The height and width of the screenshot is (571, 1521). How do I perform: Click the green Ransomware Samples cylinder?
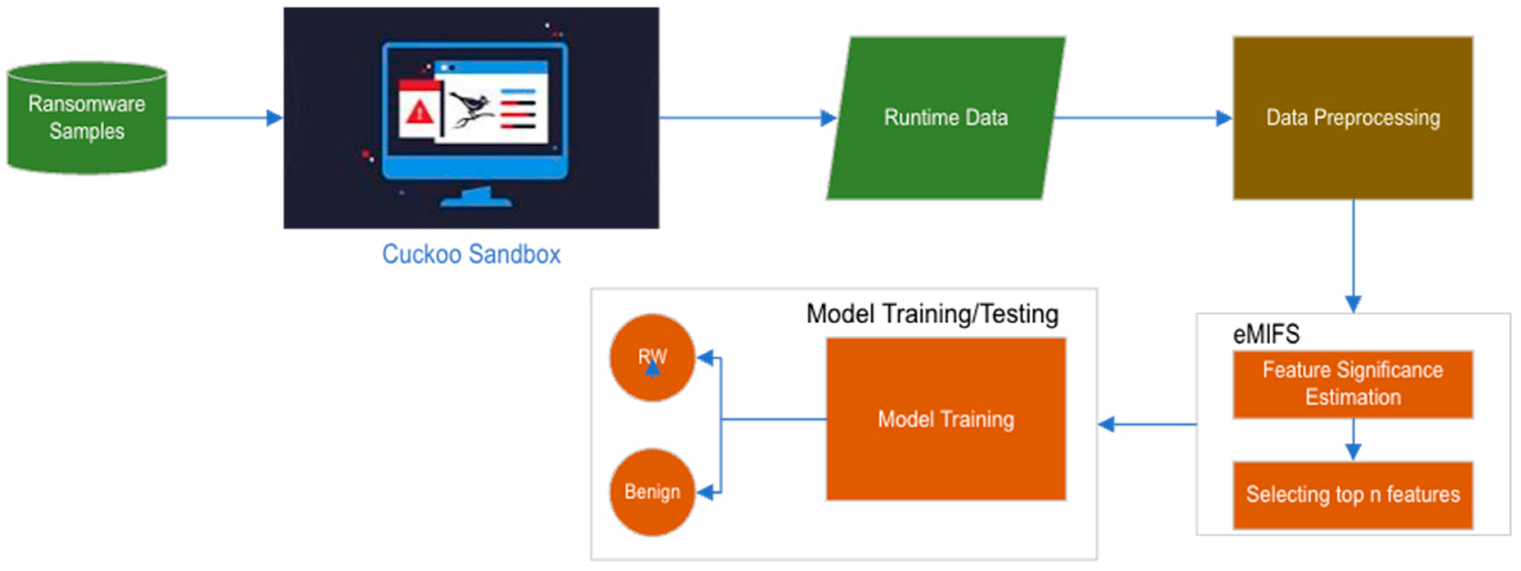pyautogui.click(x=87, y=118)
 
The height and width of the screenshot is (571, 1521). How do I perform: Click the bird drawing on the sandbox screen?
pyautogui.click(x=471, y=109)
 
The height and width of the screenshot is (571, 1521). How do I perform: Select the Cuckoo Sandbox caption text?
pyautogui.click(x=471, y=255)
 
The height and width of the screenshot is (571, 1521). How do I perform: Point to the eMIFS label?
pyautogui.click(x=1266, y=334)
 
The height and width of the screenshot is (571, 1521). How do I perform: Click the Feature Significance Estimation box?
pyautogui.click(x=1352, y=384)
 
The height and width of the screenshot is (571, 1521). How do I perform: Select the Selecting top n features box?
pyautogui.click(x=1352, y=495)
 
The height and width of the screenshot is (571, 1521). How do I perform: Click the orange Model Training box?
pyautogui.click(x=945, y=419)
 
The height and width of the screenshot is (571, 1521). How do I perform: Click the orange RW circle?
pyautogui.click(x=652, y=357)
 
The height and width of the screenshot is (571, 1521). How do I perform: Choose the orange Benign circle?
pyautogui.click(x=652, y=492)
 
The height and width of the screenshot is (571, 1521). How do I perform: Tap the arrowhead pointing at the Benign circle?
pyautogui.click(x=706, y=492)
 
